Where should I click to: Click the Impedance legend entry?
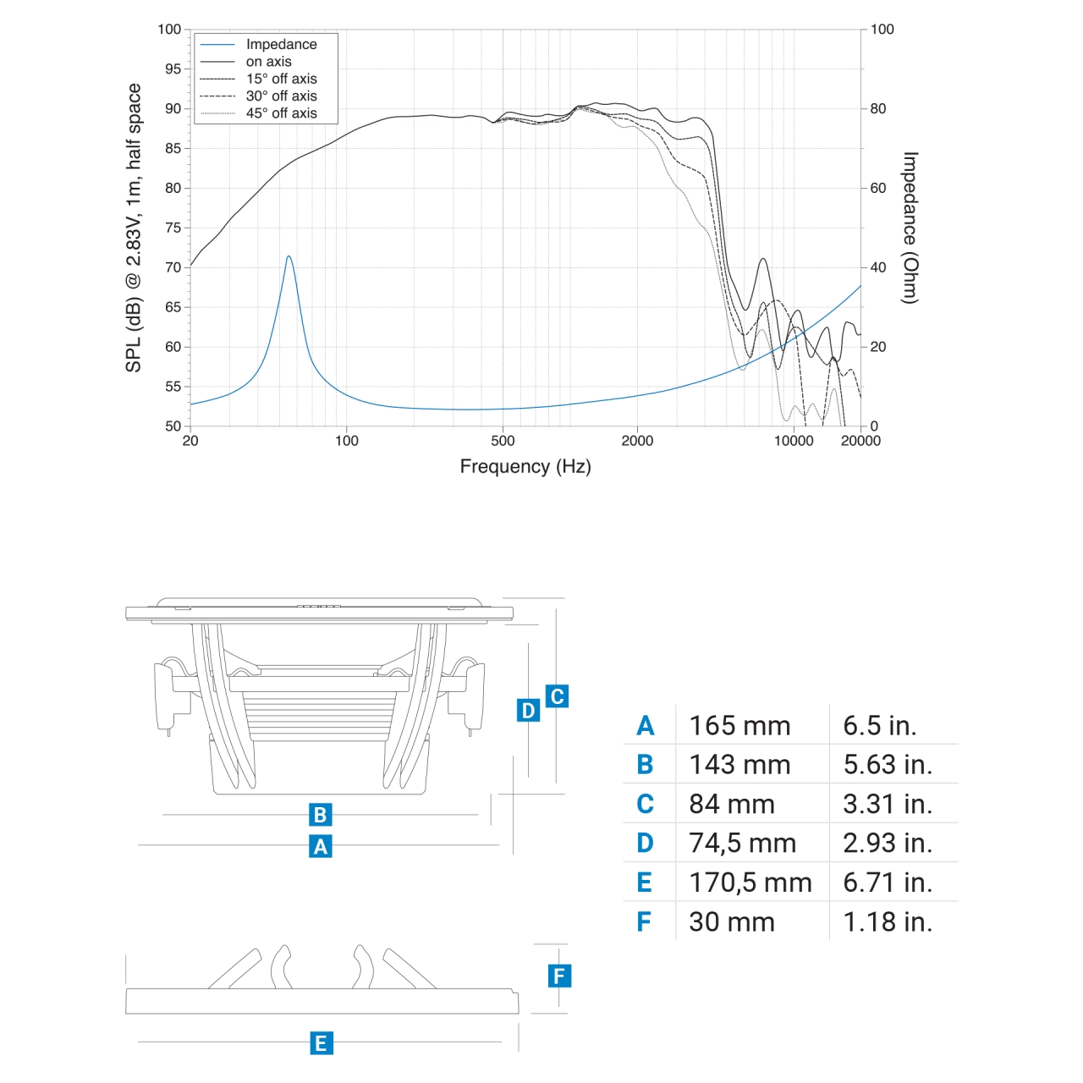pyautogui.click(x=281, y=44)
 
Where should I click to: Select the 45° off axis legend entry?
pyautogui.click(x=281, y=113)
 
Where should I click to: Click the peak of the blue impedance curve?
pyautogui.click(x=289, y=256)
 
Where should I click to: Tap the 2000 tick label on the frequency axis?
pyautogui.click(x=637, y=441)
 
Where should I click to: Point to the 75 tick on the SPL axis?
pyautogui.click(x=173, y=228)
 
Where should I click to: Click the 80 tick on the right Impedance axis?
pyautogui.click(x=878, y=108)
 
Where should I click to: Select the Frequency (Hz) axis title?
pyautogui.click(x=525, y=466)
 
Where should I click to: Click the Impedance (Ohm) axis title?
pyautogui.click(x=910, y=228)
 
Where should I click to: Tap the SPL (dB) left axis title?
pyautogui.click(x=134, y=228)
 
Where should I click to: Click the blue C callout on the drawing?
pyautogui.click(x=557, y=696)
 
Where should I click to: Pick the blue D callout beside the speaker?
pyautogui.click(x=528, y=710)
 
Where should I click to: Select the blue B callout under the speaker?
pyautogui.click(x=320, y=815)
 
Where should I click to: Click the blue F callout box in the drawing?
pyautogui.click(x=558, y=976)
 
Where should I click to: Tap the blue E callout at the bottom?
pyautogui.click(x=321, y=1043)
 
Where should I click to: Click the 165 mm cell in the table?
pyautogui.click(x=739, y=726)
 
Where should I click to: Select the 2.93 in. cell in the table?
pyautogui.click(x=888, y=843)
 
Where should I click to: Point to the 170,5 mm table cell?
pyautogui.click(x=750, y=882)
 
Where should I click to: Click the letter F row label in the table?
pyautogui.click(x=644, y=921)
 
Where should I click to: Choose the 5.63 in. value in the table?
pyautogui.click(x=888, y=765)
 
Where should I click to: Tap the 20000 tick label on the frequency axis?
pyautogui.click(x=860, y=441)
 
